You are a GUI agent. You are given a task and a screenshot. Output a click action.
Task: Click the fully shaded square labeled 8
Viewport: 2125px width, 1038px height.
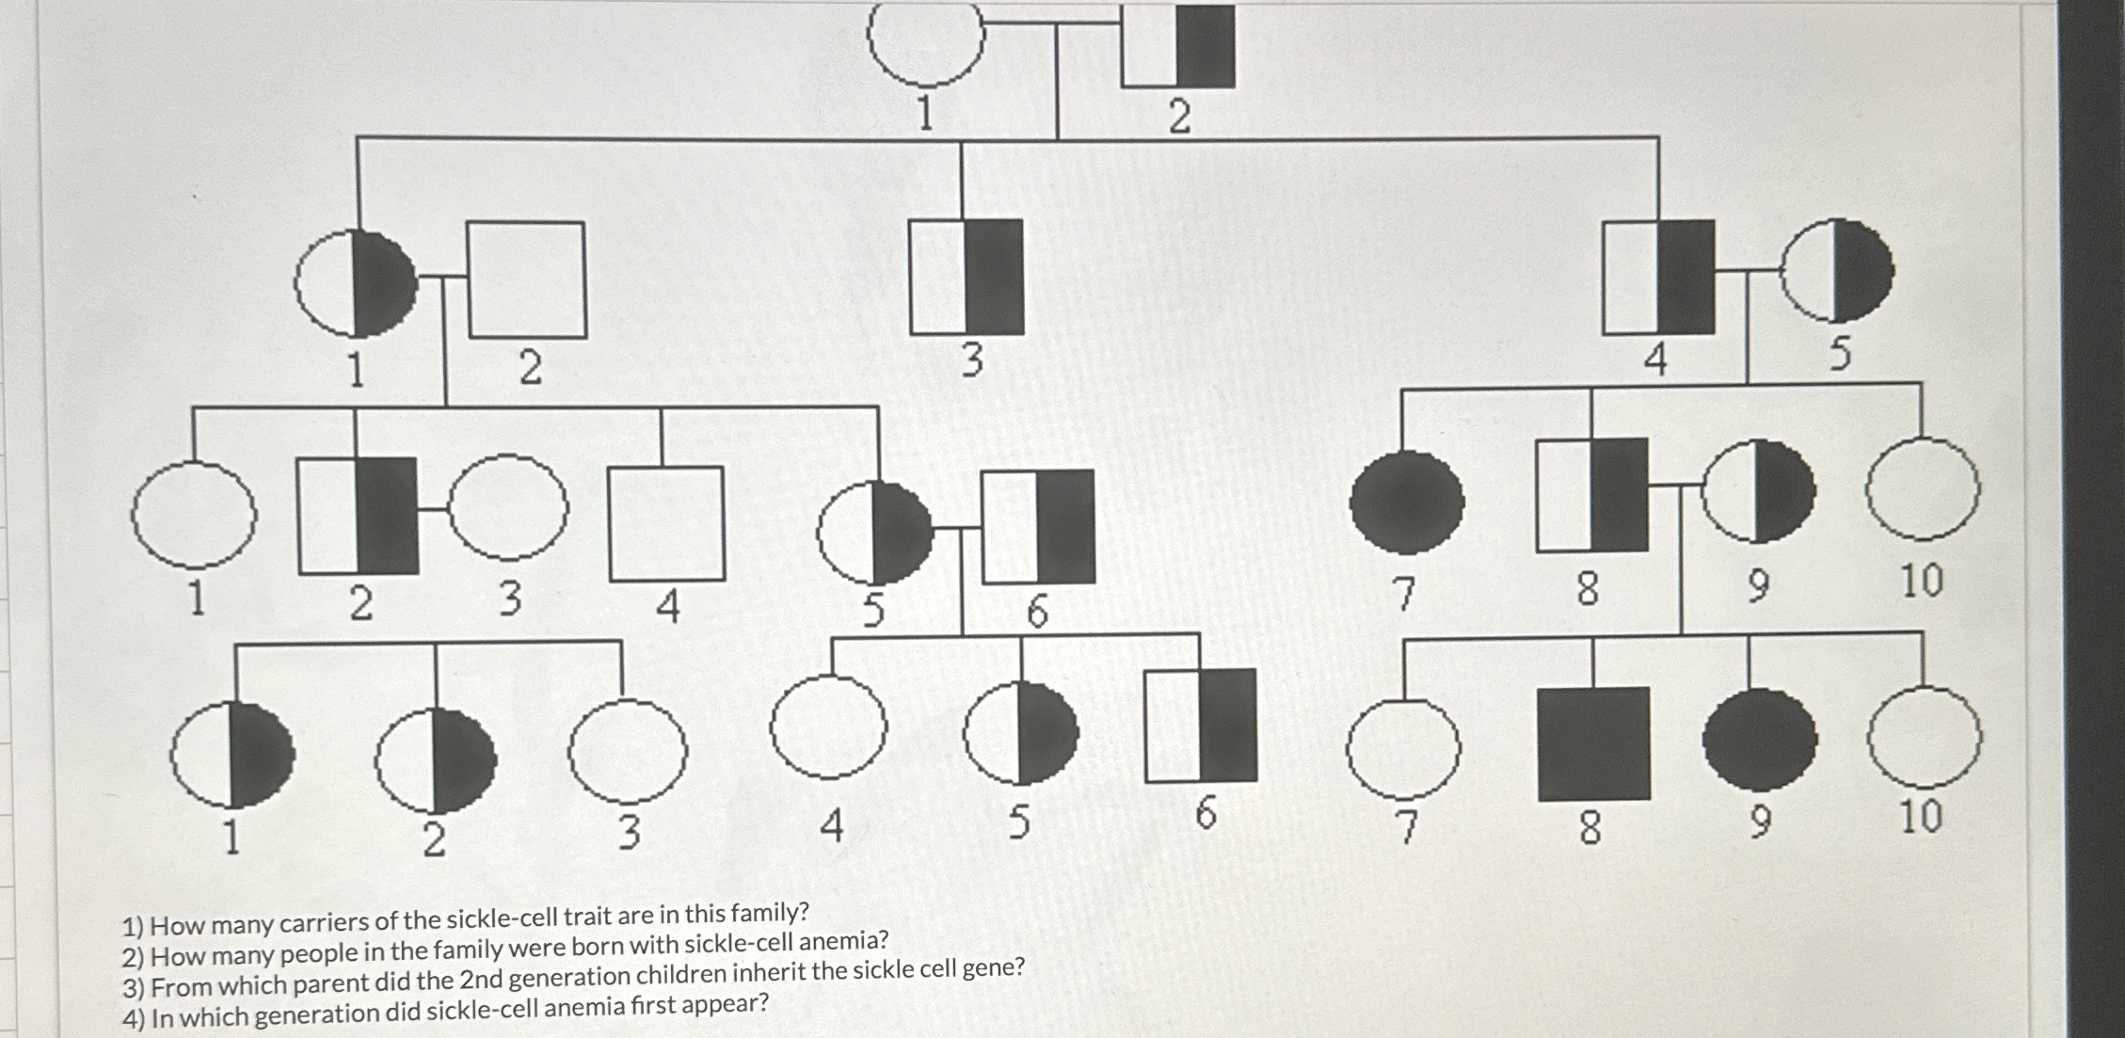[1593, 743]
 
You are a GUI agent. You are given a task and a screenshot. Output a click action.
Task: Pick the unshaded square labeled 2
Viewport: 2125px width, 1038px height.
[526, 279]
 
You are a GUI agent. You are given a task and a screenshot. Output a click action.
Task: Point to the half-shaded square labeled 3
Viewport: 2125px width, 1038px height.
[967, 277]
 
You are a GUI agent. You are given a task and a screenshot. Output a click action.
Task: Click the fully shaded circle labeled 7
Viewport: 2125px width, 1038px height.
[1406, 502]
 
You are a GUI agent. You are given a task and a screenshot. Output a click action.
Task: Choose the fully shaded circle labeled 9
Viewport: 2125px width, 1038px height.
[1759, 739]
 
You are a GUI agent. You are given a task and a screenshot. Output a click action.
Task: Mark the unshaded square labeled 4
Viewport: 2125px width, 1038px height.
[666, 523]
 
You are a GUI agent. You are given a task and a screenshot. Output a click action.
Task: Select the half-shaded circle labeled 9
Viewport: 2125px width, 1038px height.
[1757, 491]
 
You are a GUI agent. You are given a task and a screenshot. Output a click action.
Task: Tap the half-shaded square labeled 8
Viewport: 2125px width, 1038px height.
[1591, 494]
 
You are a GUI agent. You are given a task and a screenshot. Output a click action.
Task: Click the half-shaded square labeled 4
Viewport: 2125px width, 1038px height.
[1658, 277]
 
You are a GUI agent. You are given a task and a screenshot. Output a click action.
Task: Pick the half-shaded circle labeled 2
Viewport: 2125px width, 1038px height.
[435, 760]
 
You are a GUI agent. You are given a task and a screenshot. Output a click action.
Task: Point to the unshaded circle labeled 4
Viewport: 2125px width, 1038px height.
[828, 726]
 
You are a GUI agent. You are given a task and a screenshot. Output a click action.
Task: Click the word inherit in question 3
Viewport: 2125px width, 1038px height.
[769, 973]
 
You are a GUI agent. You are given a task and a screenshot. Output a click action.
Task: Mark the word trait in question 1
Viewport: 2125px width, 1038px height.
[589, 917]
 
